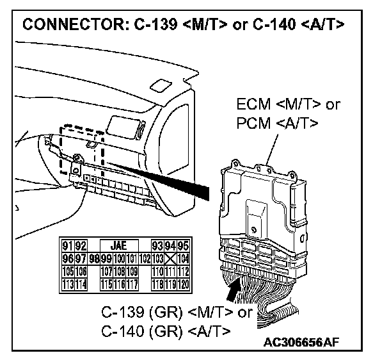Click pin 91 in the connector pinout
(65, 245)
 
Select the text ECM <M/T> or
(287, 104)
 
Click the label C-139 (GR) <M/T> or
(177, 313)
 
